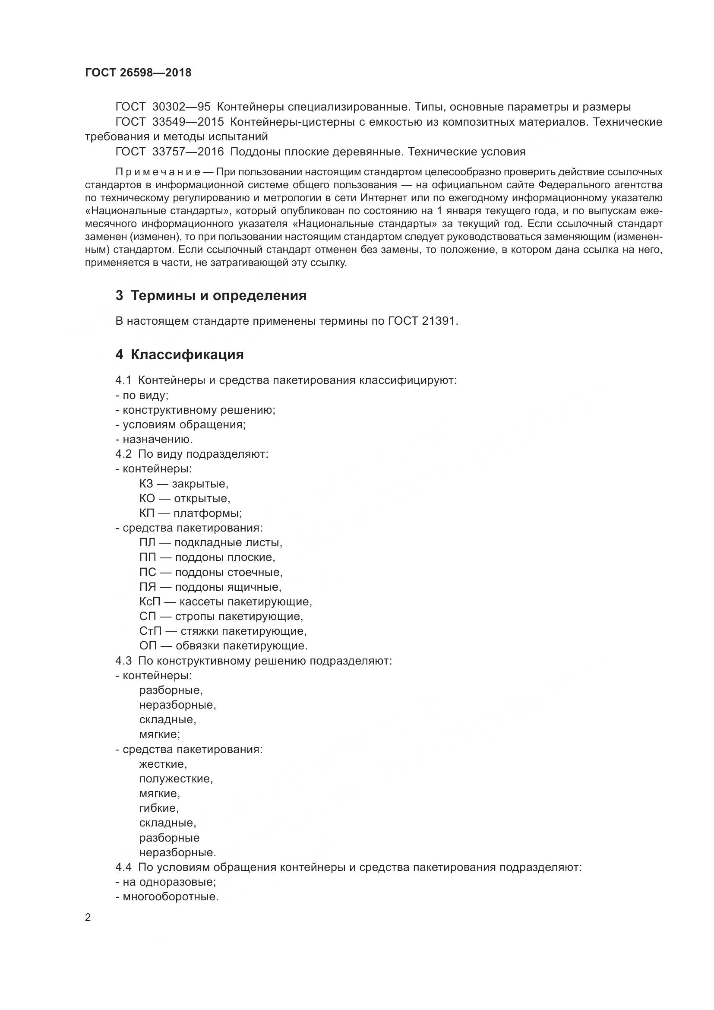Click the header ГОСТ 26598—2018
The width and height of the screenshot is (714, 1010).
pos(138,73)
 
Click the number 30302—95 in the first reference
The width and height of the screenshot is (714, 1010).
pos(181,107)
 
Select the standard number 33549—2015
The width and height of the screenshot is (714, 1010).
pos(188,122)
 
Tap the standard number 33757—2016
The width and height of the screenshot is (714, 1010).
pos(188,152)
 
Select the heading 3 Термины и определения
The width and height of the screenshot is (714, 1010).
pos(211,296)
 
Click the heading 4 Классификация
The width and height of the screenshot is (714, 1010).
pos(180,355)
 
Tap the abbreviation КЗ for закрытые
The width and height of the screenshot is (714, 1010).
pos(146,484)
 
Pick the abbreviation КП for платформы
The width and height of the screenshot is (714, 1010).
pos(146,513)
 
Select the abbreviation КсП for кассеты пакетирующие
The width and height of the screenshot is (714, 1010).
pos(149,602)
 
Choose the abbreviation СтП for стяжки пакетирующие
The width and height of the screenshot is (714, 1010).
pos(150,631)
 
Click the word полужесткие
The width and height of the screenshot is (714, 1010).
pos(176,779)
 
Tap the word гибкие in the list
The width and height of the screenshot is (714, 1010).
pos(159,808)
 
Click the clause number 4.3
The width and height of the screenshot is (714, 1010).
pos(123,661)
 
